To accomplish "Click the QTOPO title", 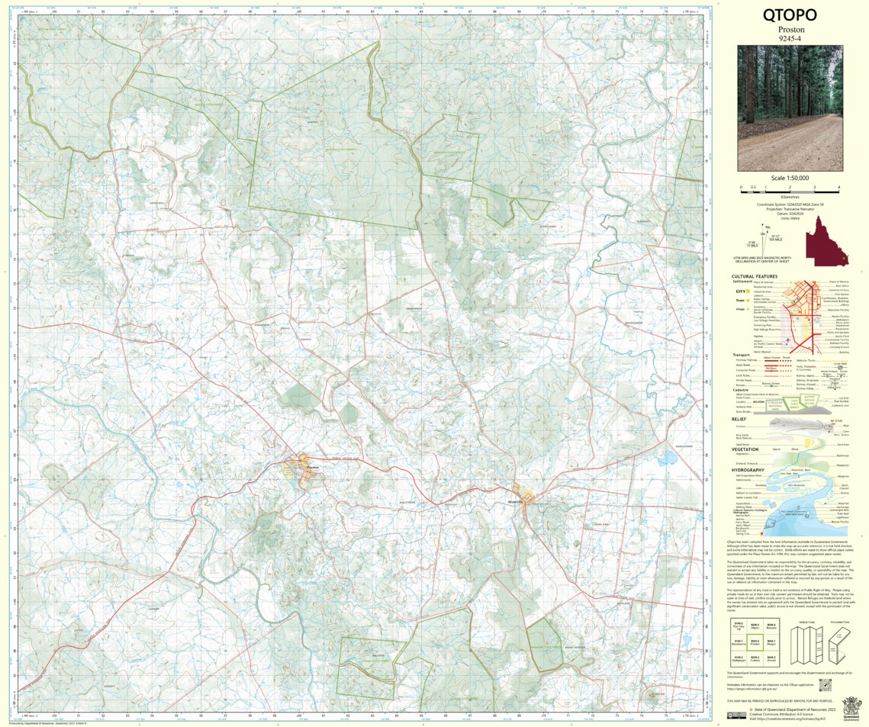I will pyautogui.click(x=790, y=14).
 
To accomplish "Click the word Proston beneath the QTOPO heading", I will pyautogui.click(x=790, y=29).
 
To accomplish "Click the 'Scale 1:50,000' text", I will pyautogui.click(x=790, y=178).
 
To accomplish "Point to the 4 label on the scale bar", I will pyautogui.click(x=838, y=188).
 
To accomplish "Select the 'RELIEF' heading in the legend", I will pyautogui.click(x=739, y=418).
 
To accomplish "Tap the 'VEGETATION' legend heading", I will pyautogui.click(x=745, y=449).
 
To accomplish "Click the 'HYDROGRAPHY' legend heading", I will pyautogui.click(x=748, y=470).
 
